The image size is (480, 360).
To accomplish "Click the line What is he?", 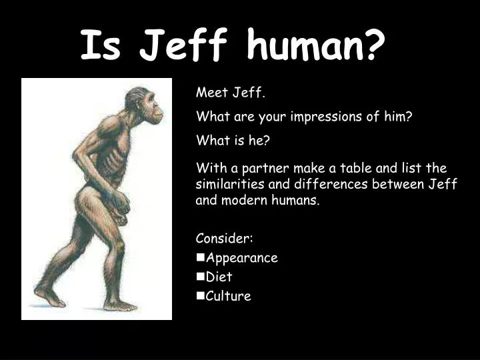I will tap(232, 141).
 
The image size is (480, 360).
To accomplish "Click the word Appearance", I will tap(241, 258).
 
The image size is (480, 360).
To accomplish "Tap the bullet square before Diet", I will tap(200, 276).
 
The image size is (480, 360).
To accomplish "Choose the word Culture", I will tap(228, 296).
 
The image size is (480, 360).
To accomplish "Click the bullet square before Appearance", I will tap(200, 257).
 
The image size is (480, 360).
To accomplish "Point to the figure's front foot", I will tap(121, 305).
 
